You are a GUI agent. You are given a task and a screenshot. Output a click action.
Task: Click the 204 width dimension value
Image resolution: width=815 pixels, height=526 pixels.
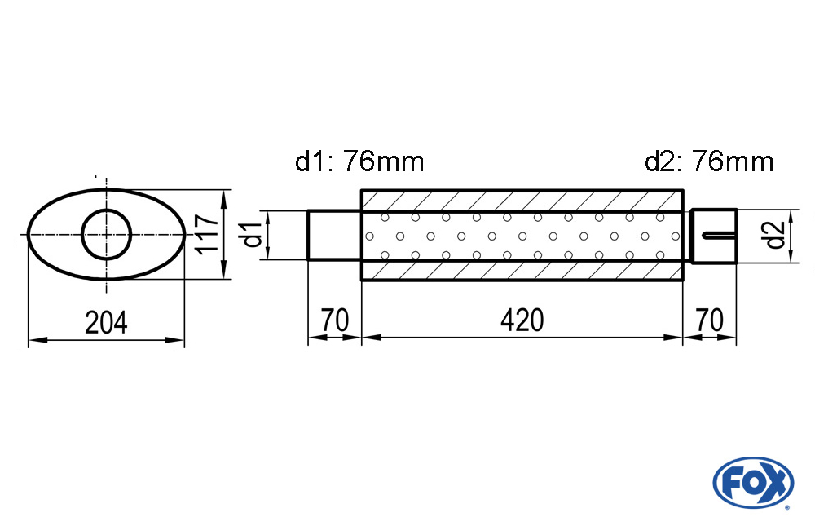(107, 323)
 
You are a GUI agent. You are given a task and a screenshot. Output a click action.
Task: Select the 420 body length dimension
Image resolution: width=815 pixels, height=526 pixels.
(522, 320)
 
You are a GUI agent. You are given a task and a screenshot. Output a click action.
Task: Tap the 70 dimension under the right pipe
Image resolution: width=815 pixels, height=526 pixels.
(709, 320)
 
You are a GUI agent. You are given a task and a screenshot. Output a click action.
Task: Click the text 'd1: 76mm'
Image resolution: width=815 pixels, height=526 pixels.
(359, 162)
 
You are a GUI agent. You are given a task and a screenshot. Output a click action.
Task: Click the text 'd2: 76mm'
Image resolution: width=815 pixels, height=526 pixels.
(708, 162)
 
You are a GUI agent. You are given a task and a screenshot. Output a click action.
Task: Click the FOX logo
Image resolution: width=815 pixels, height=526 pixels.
(752, 481)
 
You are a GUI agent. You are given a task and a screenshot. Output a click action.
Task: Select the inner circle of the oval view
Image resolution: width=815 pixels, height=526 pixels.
(107, 235)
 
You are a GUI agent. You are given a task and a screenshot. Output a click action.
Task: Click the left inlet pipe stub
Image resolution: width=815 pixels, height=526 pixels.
(334, 236)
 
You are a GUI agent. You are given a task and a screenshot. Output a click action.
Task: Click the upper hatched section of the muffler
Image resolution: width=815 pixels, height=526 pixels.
(522, 201)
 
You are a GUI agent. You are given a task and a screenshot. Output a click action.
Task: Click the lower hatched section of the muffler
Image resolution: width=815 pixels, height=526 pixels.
(522, 271)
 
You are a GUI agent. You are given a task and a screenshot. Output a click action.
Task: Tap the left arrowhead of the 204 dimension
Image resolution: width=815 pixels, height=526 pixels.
(33, 339)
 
